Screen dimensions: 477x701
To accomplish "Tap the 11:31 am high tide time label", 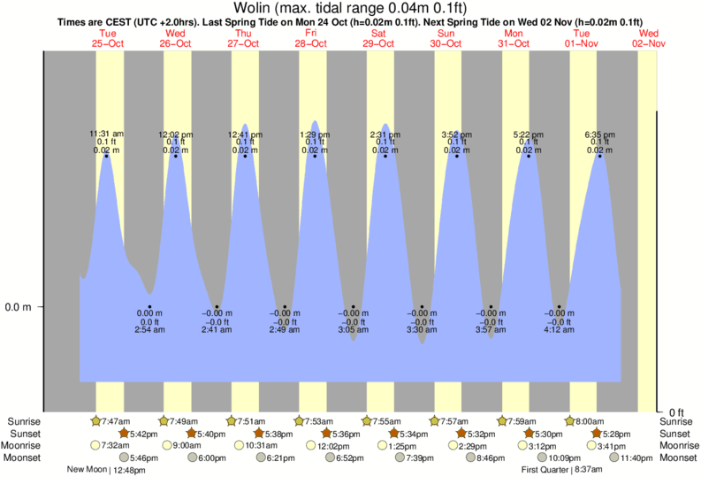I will pyautogui.click(x=106, y=134).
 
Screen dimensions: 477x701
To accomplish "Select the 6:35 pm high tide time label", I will pyautogui.click(x=599, y=134).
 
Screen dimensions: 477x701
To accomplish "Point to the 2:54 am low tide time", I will pyautogui.click(x=149, y=330).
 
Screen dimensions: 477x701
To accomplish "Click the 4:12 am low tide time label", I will pyautogui.click(x=559, y=330).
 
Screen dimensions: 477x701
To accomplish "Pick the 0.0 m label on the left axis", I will pyautogui.click(x=19, y=307).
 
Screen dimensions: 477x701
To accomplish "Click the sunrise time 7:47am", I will pyautogui.click(x=117, y=421).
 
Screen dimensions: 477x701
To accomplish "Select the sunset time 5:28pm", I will pyautogui.click(x=616, y=434).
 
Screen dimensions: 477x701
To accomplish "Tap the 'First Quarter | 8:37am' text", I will pyautogui.click(x=561, y=470).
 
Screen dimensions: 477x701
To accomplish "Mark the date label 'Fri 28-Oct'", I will pyautogui.click(x=311, y=38).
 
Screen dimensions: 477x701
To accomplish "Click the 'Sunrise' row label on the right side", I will pyautogui.click(x=679, y=421).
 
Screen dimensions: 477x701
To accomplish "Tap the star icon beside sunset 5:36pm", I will pyautogui.click(x=326, y=434).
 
